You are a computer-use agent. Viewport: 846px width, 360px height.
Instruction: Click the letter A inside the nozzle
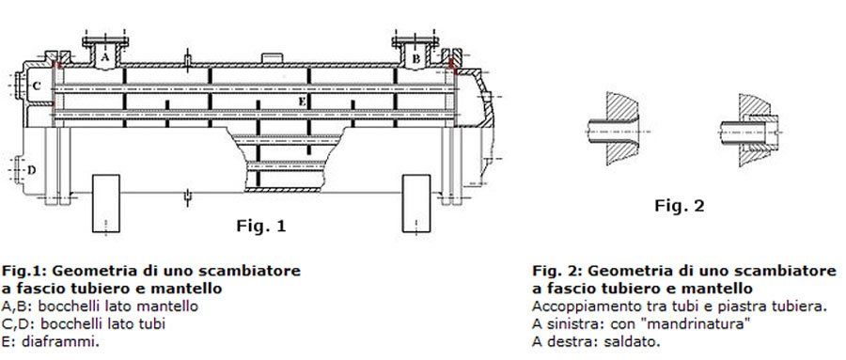click(x=105, y=55)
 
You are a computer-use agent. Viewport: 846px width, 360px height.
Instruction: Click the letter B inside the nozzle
click(x=416, y=59)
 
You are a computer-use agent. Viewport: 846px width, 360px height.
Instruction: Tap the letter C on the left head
click(x=37, y=86)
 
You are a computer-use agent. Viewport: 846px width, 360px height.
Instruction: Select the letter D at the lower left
click(x=32, y=170)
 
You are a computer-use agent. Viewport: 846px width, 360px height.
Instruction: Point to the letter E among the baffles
click(x=302, y=102)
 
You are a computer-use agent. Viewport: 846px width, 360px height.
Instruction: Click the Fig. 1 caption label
click(x=261, y=226)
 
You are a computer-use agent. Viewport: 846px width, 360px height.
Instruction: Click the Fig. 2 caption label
click(x=680, y=205)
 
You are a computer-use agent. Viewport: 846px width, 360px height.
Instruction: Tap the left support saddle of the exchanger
click(x=105, y=203)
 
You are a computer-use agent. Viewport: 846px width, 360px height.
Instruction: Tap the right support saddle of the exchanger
click(x=416, y=203)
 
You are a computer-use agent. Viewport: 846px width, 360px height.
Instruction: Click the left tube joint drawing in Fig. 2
click(x=615, y=129)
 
